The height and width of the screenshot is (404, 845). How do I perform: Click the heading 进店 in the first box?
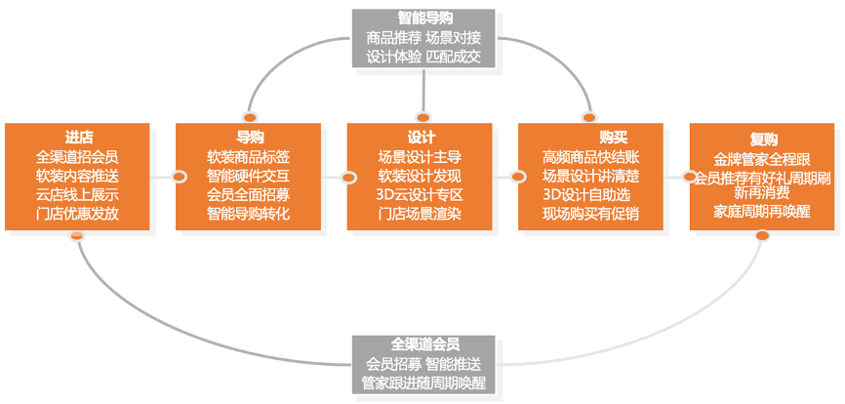pyautogui.click(x=78, y=138)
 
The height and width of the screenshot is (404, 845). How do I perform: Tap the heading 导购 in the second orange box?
pyautogui.click(x=249, y=138)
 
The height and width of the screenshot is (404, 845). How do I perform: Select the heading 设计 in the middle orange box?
pyautogui.click(x=421, y=138)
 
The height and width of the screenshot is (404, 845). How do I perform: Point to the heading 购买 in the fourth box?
pyautogui.click(x=590, y=138)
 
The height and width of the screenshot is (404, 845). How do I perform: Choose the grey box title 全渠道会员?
pyautogui.click(x=423, y=344)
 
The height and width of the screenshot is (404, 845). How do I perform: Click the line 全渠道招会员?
pyautogui.click(x=78, y=156)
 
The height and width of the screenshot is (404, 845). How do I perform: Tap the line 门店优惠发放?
pyautogui.click(x=78, y=213)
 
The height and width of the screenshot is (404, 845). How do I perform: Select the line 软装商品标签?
pyautogui.click(x=249, y=156)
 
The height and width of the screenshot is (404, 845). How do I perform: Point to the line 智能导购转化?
pyautogui.click(x=249, y=213)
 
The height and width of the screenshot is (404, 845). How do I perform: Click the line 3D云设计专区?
pyautogui.click(x=421, y=194)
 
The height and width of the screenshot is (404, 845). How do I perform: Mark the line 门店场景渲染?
pyautogui.click(x=421, y=213)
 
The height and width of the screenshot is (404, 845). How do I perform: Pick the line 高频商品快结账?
pyautogui.click(x=590, y=156)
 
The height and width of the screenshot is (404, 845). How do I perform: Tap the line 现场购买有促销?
pyautogui.click(x=590, y=213)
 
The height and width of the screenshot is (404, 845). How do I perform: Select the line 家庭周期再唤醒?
pyautogui.click(x=762, y=210)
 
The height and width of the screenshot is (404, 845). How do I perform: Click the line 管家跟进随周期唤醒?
pyautogui.click(x=423, y=382)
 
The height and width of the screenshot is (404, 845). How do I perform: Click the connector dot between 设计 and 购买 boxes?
pyautogui.click(x=518, y=177)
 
